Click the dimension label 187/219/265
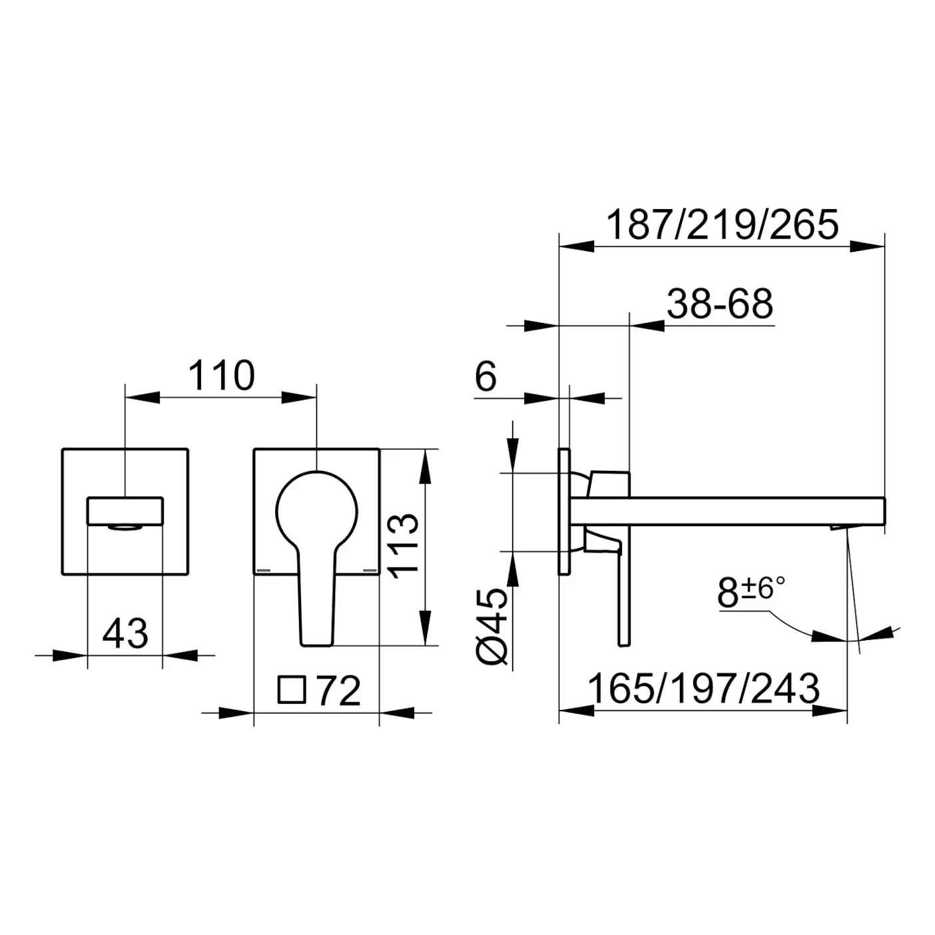click(x=723, y=224)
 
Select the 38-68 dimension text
click(x=720, y=304)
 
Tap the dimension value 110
click(x=221, y=375)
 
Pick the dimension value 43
click(x=125, y=634)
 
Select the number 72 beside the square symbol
click(x=339, y=691)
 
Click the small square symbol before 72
click(x=292, y=690)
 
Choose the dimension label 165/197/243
click(x=704, y=689)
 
